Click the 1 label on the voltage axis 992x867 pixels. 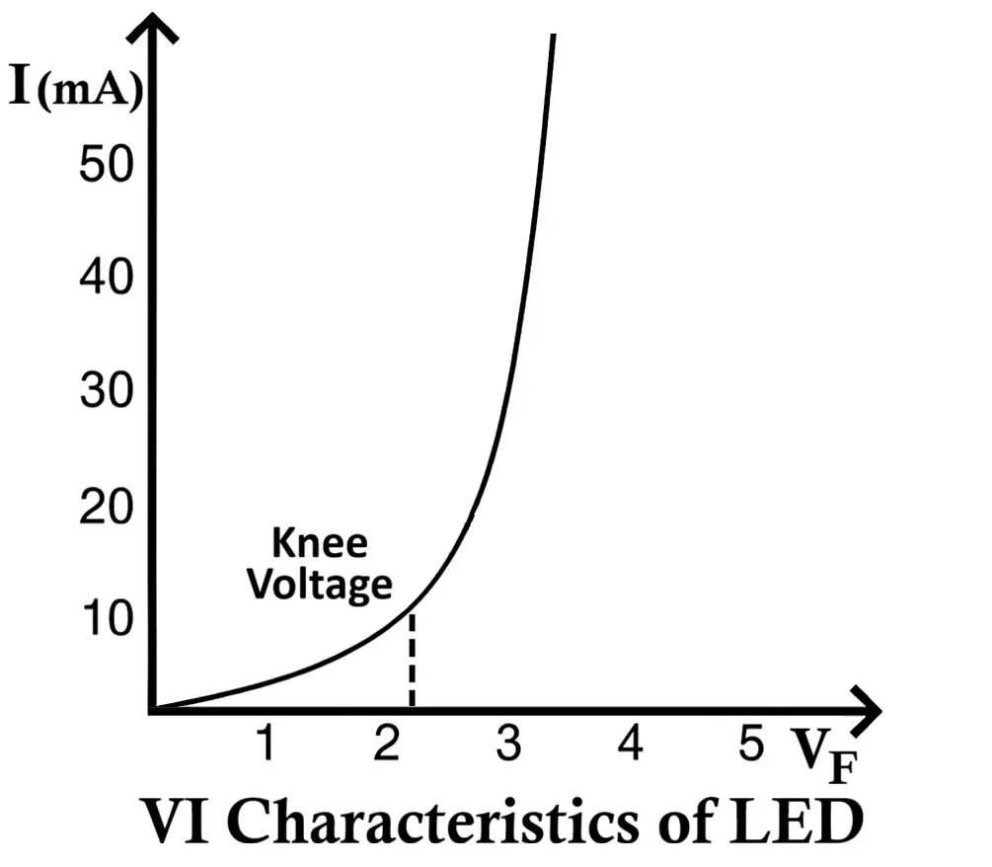point(264,743)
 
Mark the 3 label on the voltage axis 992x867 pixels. point(507,743)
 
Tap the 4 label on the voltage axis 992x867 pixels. point(630,743)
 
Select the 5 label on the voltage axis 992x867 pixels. point(752,743)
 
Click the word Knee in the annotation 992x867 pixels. point(319,543)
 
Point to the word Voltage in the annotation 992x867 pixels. point(319,585)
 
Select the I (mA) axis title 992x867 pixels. point(74,89)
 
